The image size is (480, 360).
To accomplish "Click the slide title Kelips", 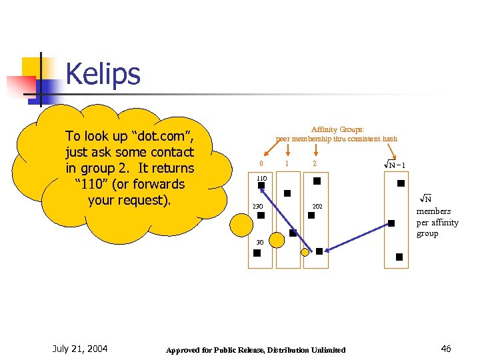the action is [x=103, y=74].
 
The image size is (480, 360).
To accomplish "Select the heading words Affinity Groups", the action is [x=337, y=129].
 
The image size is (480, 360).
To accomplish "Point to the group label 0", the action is [x=261, y=164].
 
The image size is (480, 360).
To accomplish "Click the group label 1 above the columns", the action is [x=287, y=164].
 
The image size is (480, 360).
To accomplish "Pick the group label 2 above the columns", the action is [x=315, y=164].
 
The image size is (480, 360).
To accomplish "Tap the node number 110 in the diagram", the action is [x=261, y=178].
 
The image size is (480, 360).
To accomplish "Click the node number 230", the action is [x=258, y=207].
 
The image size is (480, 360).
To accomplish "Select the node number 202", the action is [x=317, y=207].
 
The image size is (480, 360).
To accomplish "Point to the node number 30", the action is [x=260, y=241].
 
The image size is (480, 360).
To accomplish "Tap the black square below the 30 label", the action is [x=261, y=250].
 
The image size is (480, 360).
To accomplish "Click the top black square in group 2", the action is [x=317, y=181].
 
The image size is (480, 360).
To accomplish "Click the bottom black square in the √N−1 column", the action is [x=399, y=257].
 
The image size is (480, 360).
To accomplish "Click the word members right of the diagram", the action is [x=433, y=211].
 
